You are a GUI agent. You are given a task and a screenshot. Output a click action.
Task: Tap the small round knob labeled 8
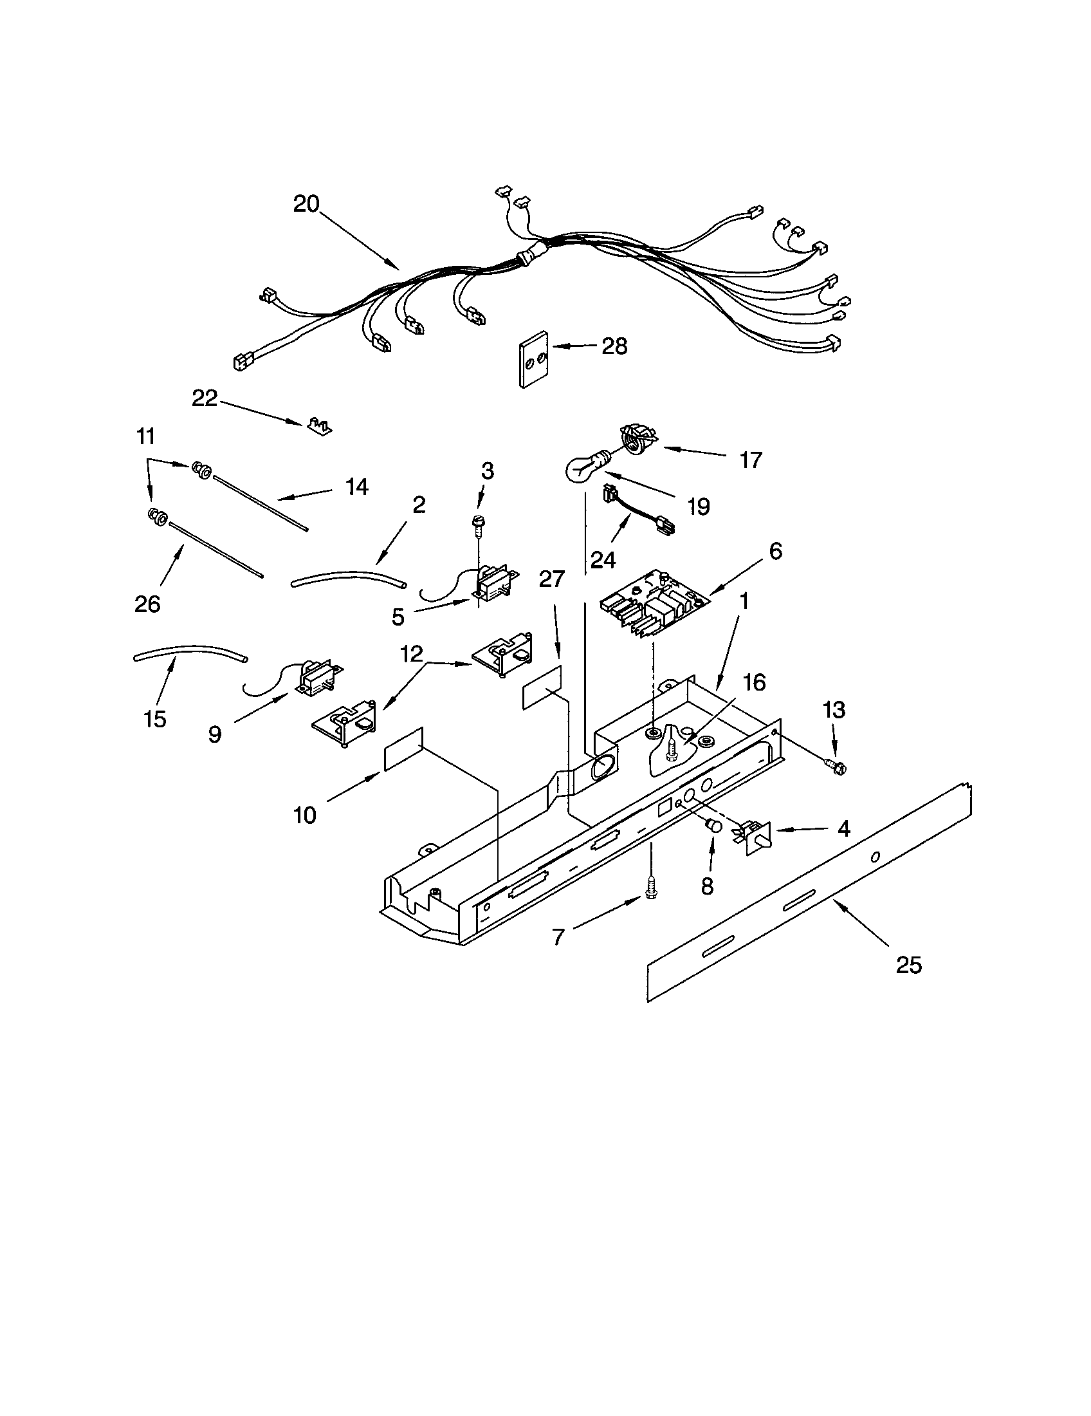point(714,826)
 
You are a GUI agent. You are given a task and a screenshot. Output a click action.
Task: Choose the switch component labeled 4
point(755,835)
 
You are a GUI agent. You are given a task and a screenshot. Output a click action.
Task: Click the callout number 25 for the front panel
point(908,983)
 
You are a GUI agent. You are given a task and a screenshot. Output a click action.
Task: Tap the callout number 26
point(147,604)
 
